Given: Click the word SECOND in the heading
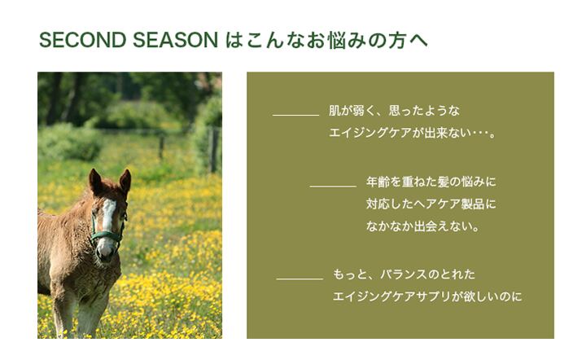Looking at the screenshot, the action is [x=82, y=40].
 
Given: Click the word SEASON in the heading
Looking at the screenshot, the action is [x=175, y=40].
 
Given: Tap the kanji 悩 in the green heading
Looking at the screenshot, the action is [x=336, y=41].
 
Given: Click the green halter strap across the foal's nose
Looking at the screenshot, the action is [x=107, y=235].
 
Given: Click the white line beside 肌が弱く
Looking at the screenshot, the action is [x=295, y=115].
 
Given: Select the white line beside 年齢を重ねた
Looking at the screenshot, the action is [x=333, y=186].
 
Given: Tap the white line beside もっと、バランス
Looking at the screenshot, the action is [x=300, y=279].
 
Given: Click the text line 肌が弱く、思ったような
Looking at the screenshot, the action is [x=394, y=111].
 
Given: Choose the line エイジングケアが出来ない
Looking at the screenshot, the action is [x=412, y=133].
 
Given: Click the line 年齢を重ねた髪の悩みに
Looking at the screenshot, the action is [x=431, y=182].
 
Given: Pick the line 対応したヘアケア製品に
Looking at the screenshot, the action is [x=431, y=204].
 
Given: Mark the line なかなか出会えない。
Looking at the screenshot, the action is [x=422, y=226].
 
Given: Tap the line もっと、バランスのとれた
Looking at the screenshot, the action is [x=404, y=274].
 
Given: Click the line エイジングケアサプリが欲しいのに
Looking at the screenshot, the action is [x=427, y=296].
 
